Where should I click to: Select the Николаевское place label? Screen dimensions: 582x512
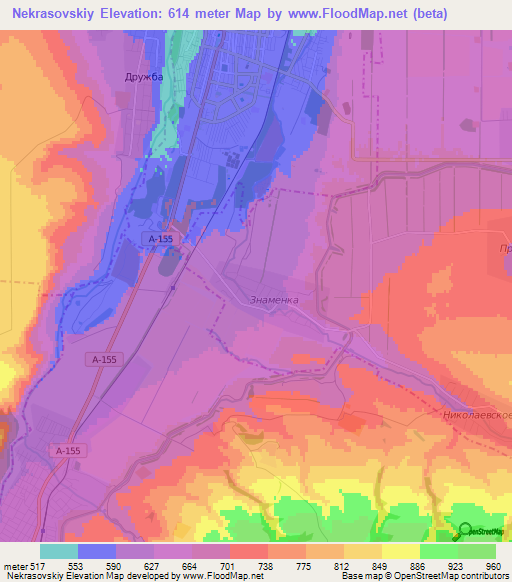click(x=476, y=412)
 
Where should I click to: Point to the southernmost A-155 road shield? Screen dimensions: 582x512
click(x=68, y=451)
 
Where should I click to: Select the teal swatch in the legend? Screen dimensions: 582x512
click(x=59, y=551)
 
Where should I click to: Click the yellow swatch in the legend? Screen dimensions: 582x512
click(x=401, y=551)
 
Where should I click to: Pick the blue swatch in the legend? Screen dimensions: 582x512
click(x=97, y=551)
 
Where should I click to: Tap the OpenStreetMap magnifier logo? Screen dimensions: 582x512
click(x=465, y=531)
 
